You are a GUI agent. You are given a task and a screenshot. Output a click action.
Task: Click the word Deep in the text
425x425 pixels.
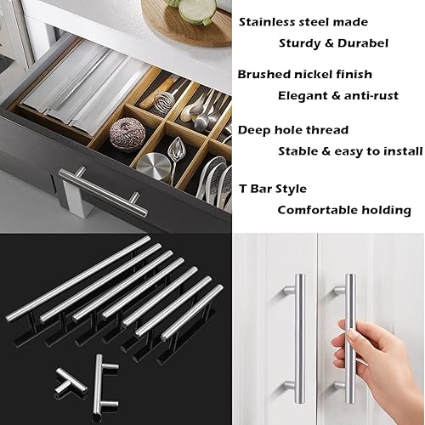pyautogui.click(x=253, y=131)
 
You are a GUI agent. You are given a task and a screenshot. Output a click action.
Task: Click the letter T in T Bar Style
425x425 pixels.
pyautogui.click(x=242, y=188)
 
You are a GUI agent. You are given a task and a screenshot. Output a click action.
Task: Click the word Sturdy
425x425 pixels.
pyautogui.click(x=301, y=42)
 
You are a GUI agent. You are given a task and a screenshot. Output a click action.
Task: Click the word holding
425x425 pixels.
pyautogui.click(x=388, y=209)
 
